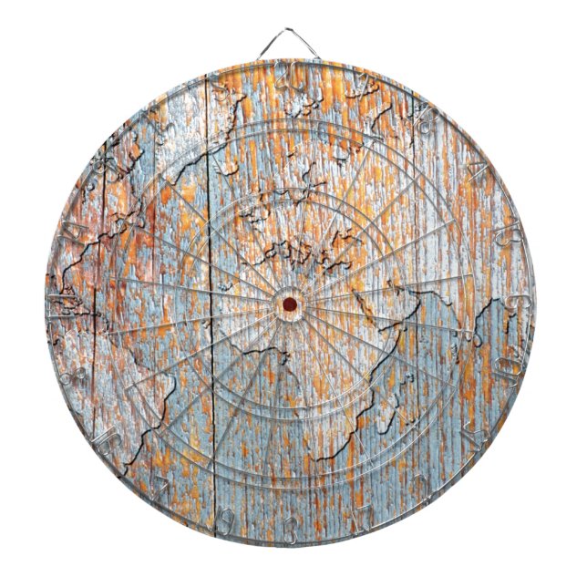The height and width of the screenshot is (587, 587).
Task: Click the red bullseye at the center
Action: [x=289, y=304]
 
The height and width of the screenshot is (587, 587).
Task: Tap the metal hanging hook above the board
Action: [x=290, y=41]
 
